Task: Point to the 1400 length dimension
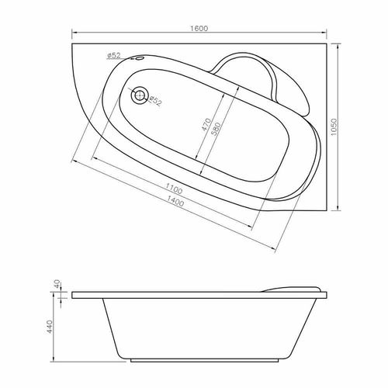pyautogui.click(x=175, y=203)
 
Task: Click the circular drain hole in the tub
pyautogui.click(x=140, y=95)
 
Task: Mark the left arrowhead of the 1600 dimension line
pyautogui.click(x=73, y=34)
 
